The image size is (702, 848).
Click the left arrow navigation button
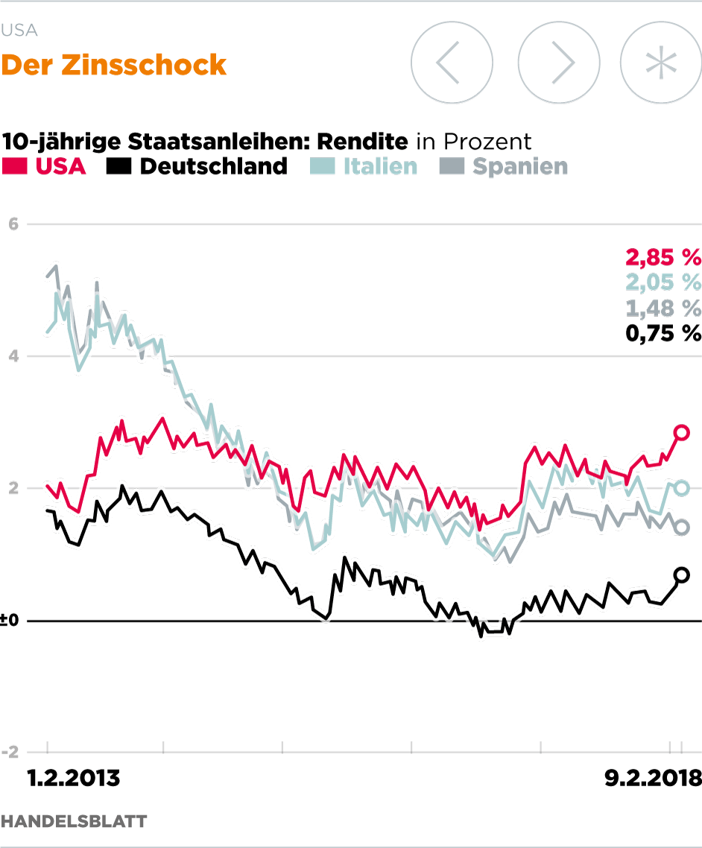tap(452, 63)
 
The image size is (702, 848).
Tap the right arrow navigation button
tap(558, 63)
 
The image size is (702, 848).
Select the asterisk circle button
tap(661, 63)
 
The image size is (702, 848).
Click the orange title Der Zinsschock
tap(114, 65)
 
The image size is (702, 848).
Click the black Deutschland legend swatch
tap(118, 166)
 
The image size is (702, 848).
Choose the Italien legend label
tap(380, 166)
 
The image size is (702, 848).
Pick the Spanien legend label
tap(519, 166)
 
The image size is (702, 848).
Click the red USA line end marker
tap(681, 432)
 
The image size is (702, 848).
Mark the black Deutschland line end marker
tap(681, 575)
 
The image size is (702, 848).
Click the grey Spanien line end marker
tap(681, 528)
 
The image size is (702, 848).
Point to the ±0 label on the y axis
tap(8, 620)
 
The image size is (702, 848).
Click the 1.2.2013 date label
tap(73, 779)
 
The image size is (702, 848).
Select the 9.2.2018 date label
tap(653, 779)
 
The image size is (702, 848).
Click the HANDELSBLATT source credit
tap(74, 821)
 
